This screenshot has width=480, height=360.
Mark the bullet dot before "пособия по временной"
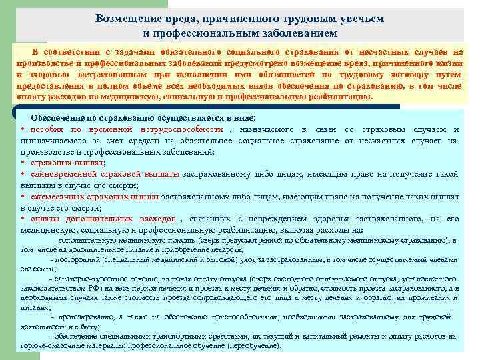(x=23, y=128)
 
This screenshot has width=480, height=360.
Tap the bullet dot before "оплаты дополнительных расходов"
(x=23, y=219)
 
